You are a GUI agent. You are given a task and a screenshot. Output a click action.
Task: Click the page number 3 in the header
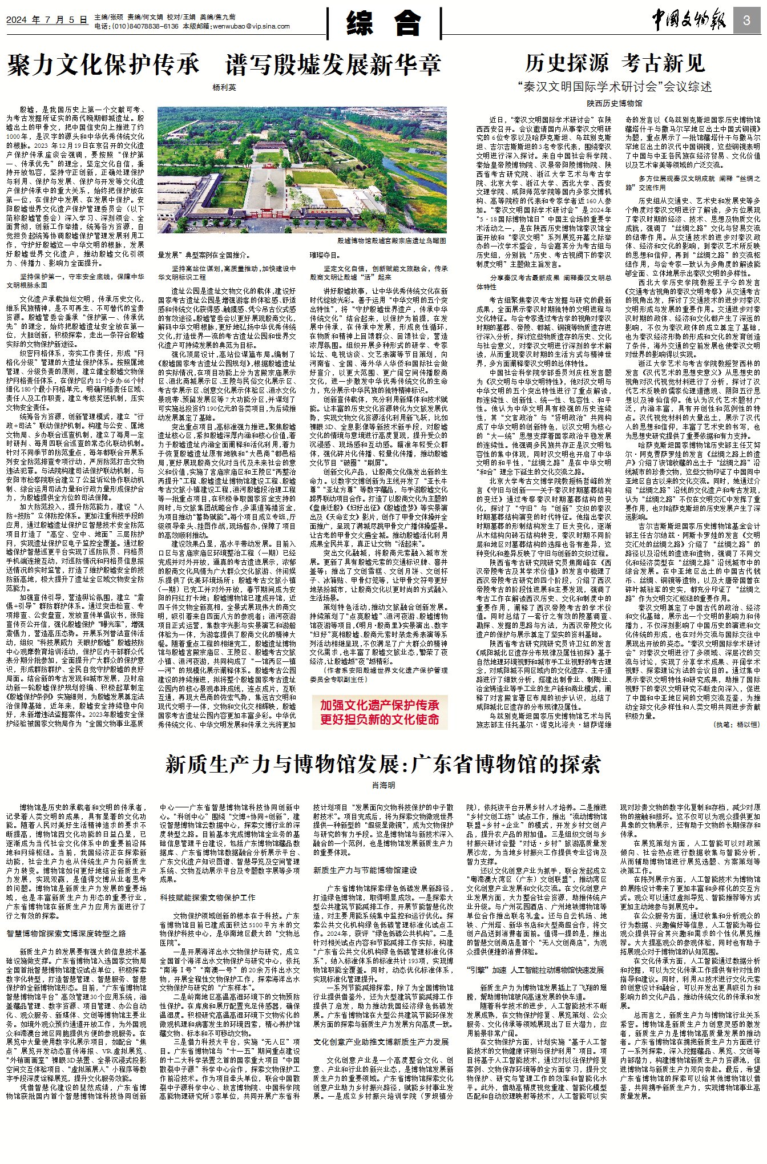pos(747,21)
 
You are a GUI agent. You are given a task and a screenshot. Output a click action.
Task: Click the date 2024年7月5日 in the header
pos(47,20)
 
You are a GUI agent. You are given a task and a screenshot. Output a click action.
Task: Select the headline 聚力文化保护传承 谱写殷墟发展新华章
pos(224,64)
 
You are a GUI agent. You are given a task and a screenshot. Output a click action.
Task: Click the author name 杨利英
pos(224,87)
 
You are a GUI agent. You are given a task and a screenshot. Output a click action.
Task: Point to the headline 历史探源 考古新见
pos(615,63)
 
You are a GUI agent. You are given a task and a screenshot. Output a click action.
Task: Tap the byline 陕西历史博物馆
pos(614,103)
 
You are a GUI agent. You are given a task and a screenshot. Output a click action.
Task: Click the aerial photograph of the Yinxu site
pos(302,171)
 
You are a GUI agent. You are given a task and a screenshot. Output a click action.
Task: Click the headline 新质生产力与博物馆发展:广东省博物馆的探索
pos(383,764)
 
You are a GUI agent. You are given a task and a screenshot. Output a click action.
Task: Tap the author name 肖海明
pos(383,785)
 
